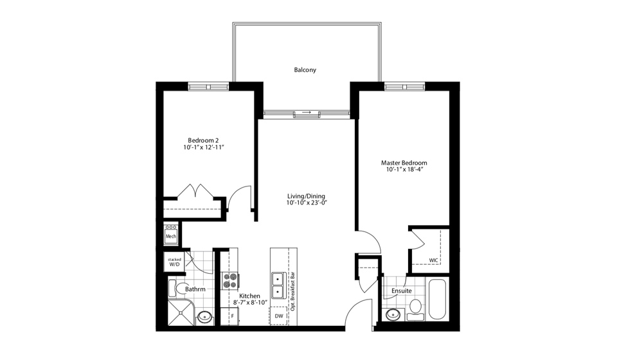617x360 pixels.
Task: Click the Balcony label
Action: point(305,69)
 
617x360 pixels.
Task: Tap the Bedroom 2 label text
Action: point(203,140)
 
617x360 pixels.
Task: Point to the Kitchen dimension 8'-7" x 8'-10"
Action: point(247,303)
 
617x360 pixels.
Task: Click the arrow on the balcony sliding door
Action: point(307,114)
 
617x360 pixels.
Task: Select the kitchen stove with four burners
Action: point(230,281)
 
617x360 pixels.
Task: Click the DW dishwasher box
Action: point(279,316)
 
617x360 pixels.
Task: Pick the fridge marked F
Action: point(230,316)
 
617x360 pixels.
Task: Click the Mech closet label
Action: point(171,237)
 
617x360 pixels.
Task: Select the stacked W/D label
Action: point(174,262)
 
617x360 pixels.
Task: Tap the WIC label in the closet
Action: point(434,261)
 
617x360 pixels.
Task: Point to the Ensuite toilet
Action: point(415,307)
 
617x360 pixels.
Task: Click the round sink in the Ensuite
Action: point(393,314)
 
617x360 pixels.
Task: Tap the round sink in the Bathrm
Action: point(205,316)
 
